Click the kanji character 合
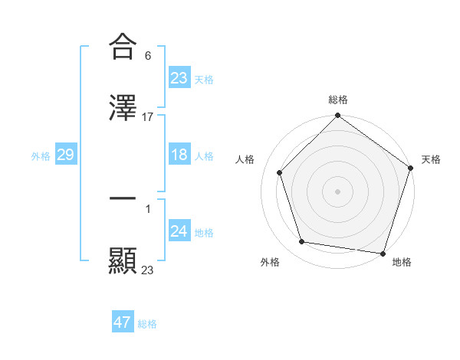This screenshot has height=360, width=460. [123, 46]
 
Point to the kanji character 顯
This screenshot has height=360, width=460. [123, 260]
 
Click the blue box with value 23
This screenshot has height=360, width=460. [179, 77]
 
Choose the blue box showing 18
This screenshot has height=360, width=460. [179, 155]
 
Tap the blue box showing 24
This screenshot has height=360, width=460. [179, 231]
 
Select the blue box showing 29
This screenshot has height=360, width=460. [65, 155]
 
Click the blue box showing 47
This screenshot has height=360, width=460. [123, 322]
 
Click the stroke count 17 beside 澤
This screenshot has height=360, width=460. [148, 117]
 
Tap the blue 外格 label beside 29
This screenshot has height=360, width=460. [41, 155]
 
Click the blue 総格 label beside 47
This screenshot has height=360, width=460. [147, 324]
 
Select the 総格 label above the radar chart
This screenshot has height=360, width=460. [338, 100]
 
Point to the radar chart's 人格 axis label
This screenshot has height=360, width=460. [245, 159]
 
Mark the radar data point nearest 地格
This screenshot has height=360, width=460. [384, 253]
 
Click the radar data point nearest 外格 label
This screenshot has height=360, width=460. [303, 242]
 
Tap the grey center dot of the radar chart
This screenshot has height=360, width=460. [338, 191]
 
